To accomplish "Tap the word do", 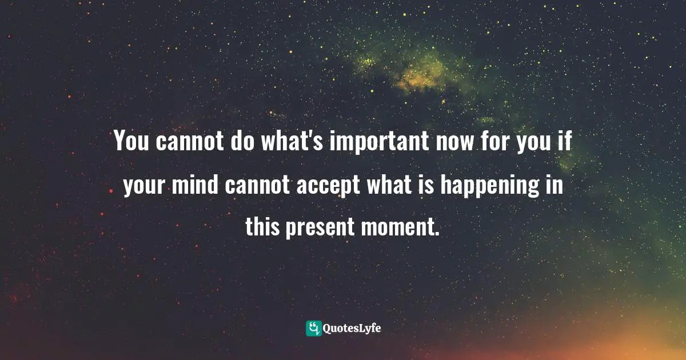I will click(x=245, y=141).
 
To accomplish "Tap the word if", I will click(x=567, y=141).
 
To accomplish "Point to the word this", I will click(x=262, y=227).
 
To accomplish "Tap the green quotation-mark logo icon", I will click(x=314, y=328).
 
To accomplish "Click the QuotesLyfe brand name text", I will click(x=353, y=329).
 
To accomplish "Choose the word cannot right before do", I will click(x=190, y=141).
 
